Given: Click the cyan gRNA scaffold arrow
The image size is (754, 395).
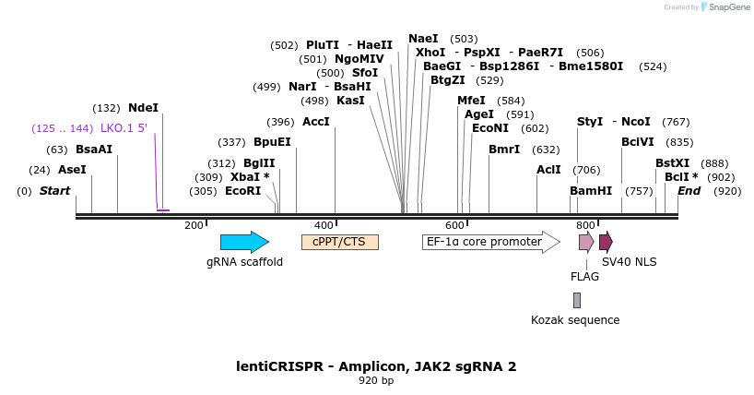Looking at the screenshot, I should pos(244,242).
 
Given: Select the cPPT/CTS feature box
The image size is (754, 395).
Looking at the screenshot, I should pos(339,242).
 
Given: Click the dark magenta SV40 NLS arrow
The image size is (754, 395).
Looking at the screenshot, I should pos(606,242).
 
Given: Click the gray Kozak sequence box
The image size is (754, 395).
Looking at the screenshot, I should pos(577,300).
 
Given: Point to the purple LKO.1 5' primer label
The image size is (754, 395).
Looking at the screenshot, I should pos(124,128).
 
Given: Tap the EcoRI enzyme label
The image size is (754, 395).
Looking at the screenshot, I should pos(243,191).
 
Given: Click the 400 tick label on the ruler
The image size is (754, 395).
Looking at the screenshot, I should pos(324,225).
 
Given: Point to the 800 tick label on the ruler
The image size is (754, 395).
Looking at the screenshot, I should pos(585,225).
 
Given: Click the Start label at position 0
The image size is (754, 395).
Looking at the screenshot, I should pos(54,191).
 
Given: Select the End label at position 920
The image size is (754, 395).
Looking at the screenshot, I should pos(689,191).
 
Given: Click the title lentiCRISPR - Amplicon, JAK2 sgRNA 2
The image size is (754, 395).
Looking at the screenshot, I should pos(376,366).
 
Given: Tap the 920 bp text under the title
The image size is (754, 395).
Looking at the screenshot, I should pos(376,381).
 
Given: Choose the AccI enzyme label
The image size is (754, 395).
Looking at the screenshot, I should pos(316,122).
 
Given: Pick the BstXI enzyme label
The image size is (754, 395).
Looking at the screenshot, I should pos(673,163).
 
